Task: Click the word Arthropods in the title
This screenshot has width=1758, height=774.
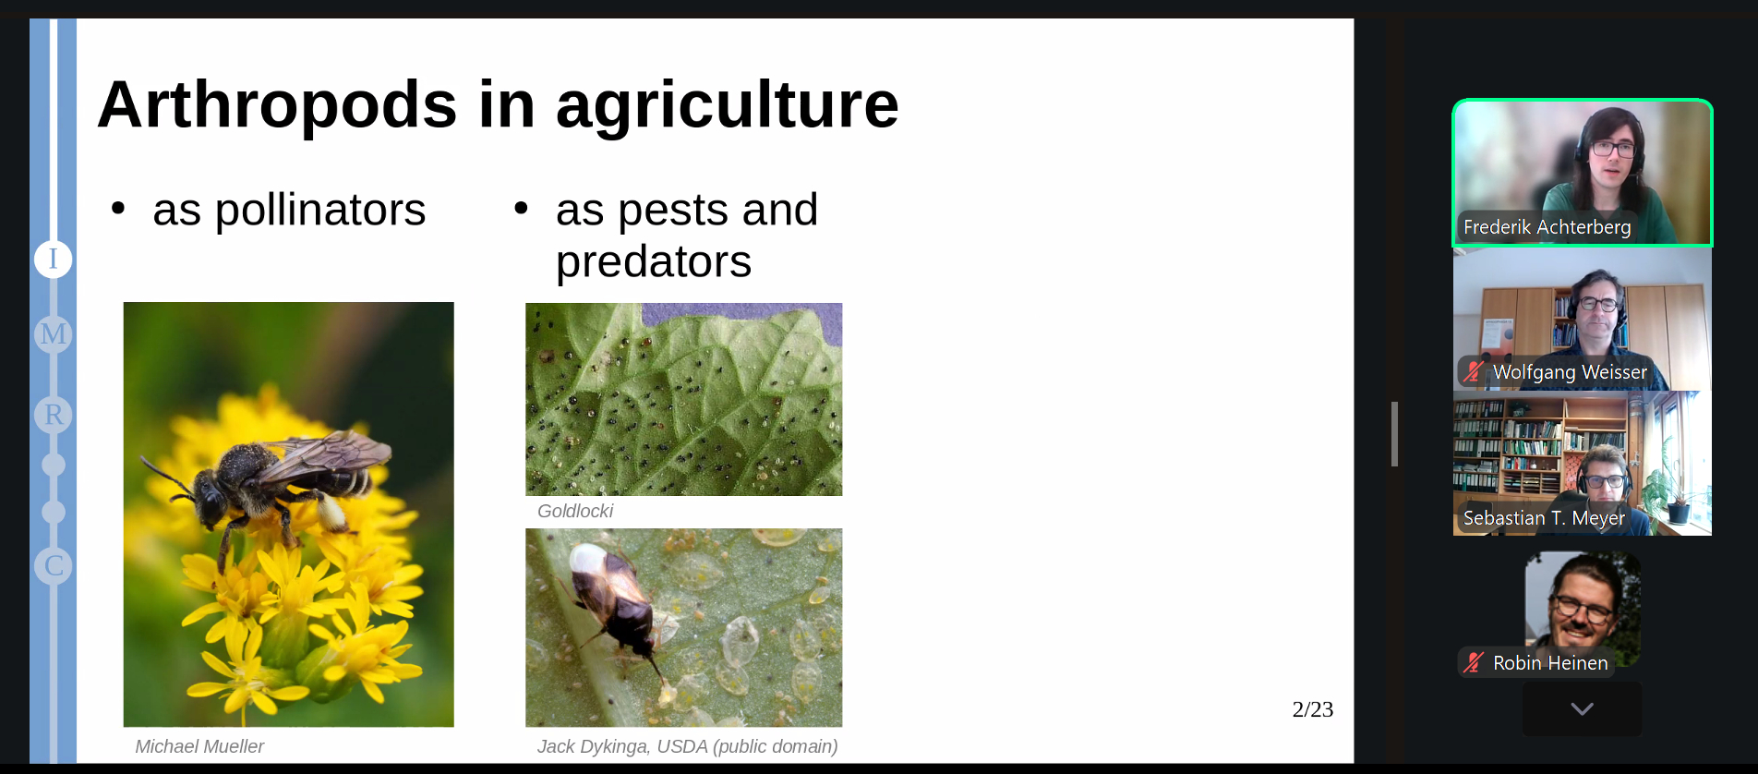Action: (x=277, y=105)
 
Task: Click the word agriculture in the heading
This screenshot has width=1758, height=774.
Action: (x=727, y=105)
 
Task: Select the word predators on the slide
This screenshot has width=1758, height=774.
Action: (x=654, y=262)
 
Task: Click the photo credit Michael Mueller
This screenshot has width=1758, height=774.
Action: (x=199, y=746)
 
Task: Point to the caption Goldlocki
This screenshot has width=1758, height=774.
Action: (x=575, y=511)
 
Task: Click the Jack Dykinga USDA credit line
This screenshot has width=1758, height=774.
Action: (x=688, y=746)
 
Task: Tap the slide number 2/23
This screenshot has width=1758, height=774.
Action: (x=1313, y=709)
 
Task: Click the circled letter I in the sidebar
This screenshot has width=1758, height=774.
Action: (x=54, y=259)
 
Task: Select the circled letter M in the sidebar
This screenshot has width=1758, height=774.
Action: (x=54, y=333)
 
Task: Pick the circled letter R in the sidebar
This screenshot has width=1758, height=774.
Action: (x=54, y=415)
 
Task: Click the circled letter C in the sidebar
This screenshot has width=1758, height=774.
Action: (x=54, y=565)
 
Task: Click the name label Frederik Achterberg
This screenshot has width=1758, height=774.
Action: (x=1547, y=227)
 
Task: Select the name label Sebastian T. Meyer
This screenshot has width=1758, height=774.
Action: (x=1544, y=518)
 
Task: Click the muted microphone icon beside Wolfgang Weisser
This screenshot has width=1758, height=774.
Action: (x=1474, y=372)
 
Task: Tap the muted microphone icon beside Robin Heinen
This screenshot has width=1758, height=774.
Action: (x=1474, y=663)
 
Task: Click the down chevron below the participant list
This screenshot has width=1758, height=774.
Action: (x=1583, y=709)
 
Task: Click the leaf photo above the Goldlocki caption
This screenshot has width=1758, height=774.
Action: (x=684, y=399)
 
